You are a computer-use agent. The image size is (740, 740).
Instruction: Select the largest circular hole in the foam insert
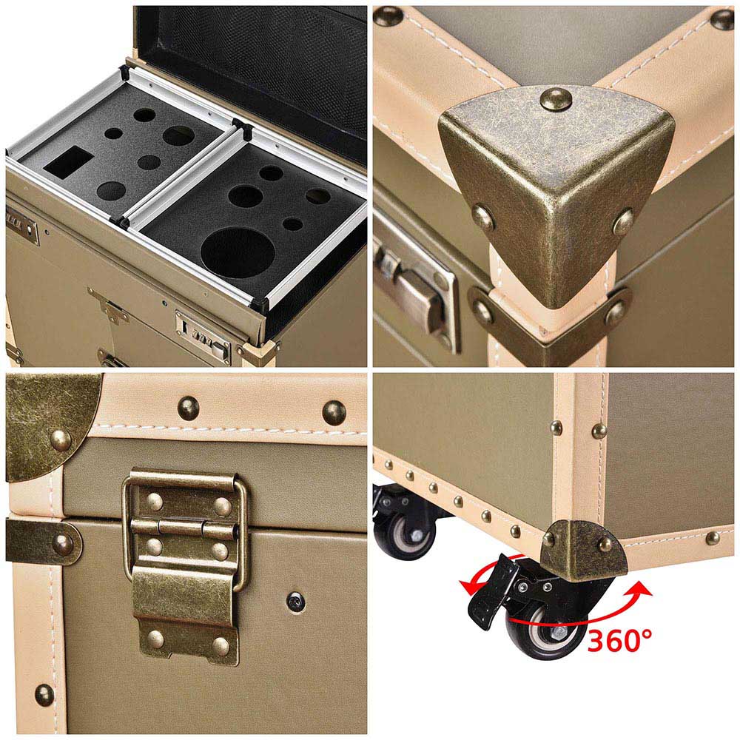point(238,252)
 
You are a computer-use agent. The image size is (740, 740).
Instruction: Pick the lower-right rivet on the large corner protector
point(623,222)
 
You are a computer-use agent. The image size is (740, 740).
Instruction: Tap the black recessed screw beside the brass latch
point(296,602)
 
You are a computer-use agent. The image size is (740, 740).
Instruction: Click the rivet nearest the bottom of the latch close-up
point(45,695)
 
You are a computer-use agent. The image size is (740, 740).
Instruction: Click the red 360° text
point(619,640)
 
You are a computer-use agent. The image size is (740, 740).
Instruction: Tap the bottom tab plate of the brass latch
point(185,613)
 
